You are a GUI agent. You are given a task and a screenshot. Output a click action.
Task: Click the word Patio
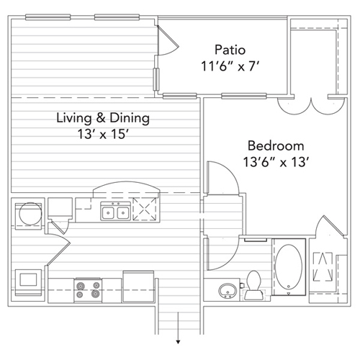click(230, 50)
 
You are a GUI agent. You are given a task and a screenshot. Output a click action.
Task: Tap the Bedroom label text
click(276, 145)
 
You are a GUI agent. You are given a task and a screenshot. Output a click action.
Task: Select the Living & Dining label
click(103, 118)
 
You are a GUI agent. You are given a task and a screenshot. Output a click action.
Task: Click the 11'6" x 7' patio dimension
click(230, 66)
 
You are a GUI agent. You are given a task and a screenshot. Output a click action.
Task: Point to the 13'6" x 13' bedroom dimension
click(276, 162)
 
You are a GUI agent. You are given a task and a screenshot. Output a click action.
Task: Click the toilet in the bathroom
click(253, 285)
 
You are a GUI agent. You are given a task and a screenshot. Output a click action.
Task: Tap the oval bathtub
click(289, 267)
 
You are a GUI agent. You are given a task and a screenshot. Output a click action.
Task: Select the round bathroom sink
click(228, 291)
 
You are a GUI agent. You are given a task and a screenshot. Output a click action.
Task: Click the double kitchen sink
click(115, 211)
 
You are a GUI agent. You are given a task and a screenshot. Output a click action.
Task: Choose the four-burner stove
click(88, 289)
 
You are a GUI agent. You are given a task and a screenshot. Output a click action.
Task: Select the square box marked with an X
click(145, 209)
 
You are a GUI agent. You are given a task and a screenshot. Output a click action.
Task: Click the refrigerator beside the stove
click(138, 287)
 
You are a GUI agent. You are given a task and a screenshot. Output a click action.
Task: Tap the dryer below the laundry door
click(28, 282)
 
